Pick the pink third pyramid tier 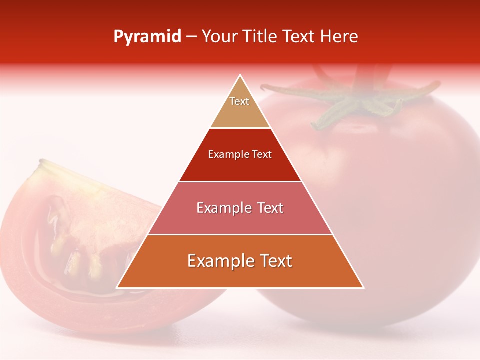pos(240,215)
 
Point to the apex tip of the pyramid pos(240,76)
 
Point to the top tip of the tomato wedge pos(41,162)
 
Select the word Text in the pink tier pos(270,208)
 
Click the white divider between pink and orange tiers pos(240,234)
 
